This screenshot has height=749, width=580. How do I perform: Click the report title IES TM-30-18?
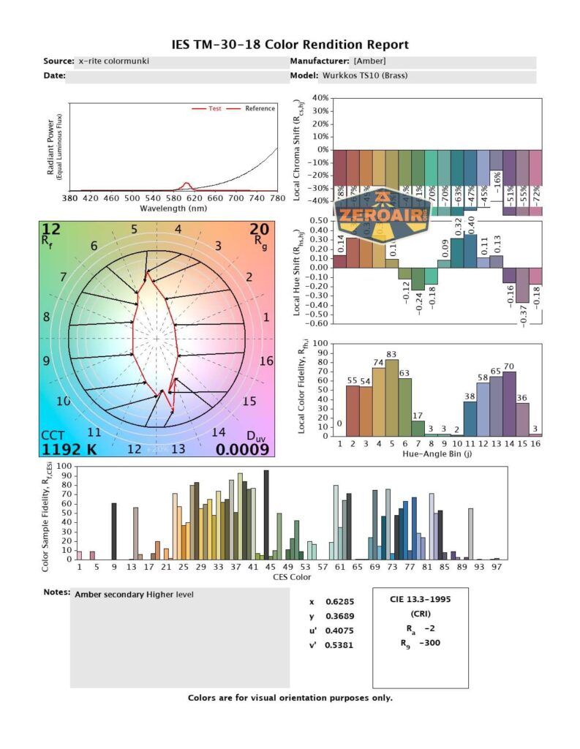290,45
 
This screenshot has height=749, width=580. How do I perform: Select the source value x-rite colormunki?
113,61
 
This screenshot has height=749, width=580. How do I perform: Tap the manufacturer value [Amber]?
369,61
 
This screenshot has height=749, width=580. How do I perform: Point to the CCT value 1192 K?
68,448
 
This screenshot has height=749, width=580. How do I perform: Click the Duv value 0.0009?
242,449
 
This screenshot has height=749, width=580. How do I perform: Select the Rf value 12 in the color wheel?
51,230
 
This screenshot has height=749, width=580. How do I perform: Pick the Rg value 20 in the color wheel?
260,230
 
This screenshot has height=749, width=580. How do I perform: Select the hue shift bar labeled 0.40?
470,251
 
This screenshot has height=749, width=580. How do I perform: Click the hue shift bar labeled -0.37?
522,285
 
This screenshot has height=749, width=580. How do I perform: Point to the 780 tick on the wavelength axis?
277,198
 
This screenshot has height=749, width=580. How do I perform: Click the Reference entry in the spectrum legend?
260,108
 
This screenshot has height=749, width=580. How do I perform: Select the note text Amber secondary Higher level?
134,595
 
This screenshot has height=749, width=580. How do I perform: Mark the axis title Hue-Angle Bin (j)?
437,453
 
